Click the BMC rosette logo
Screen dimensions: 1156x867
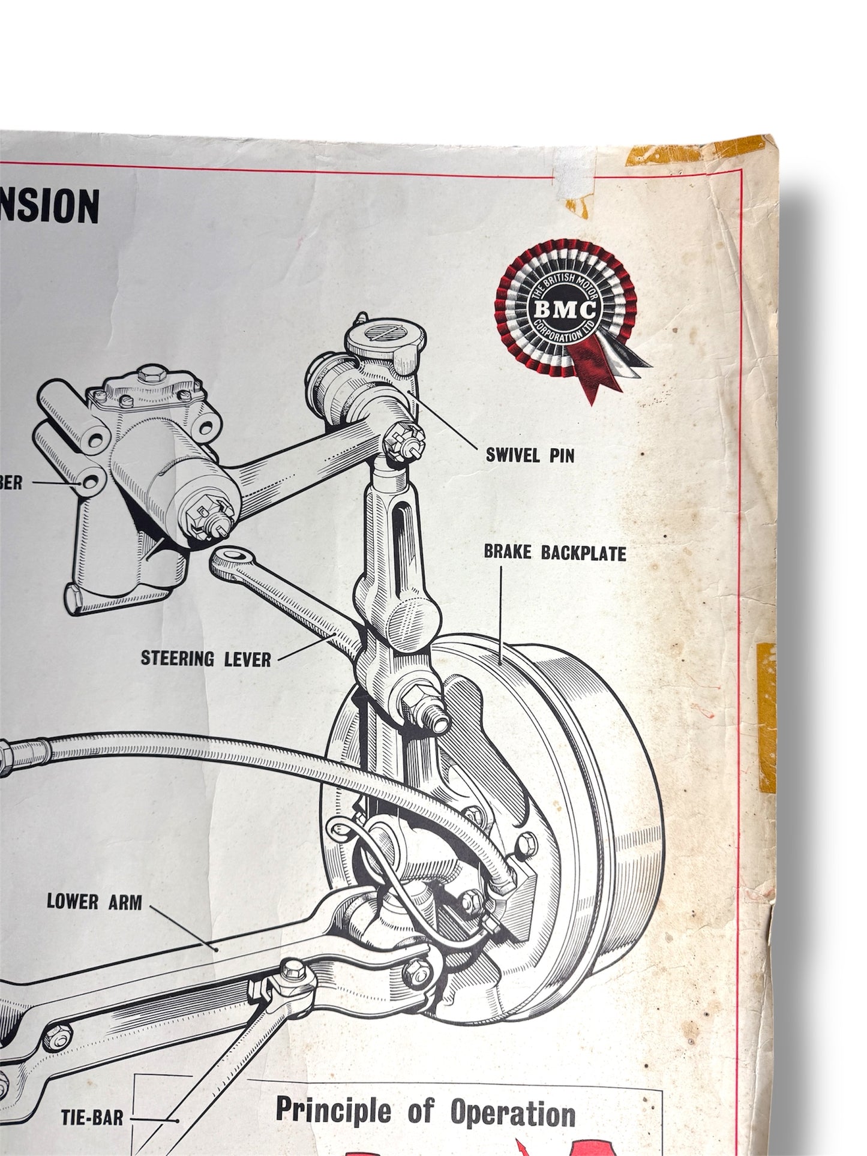pos(565,310)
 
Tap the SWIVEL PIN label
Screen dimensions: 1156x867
pos(530,455)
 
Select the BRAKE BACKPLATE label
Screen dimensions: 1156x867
pos(555,553)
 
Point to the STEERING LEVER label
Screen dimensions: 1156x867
pos(206,659)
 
